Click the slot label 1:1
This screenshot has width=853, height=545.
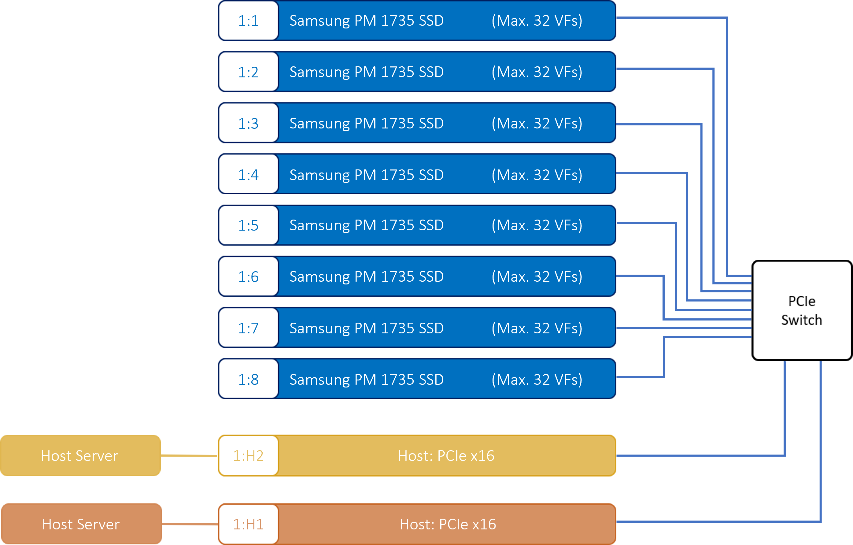coord(248,20)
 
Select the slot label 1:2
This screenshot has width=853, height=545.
coord(248,72)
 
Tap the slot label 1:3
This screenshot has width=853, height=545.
coord(248,123)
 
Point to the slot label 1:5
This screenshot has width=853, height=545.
coord(248,225)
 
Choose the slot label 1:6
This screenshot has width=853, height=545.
coord(248,277)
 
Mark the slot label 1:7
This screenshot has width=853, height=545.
coord(248,328)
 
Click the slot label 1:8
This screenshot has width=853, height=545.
coord(248,380)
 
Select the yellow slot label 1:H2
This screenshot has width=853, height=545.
coord(248,456)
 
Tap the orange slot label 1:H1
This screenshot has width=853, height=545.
coord(248,524)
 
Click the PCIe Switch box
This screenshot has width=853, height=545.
coord(802,310)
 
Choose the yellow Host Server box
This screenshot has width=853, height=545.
coord(80,456)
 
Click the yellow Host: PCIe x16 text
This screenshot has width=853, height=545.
coord(446,456)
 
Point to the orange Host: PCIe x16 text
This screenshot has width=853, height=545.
coord(448,524)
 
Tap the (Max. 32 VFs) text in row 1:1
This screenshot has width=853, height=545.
coord(537,20)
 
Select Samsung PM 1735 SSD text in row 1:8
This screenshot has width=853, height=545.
coord(367,380)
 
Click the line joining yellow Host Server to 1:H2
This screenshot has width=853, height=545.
coord(189,456)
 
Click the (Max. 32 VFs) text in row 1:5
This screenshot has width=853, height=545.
coord(537,225)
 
